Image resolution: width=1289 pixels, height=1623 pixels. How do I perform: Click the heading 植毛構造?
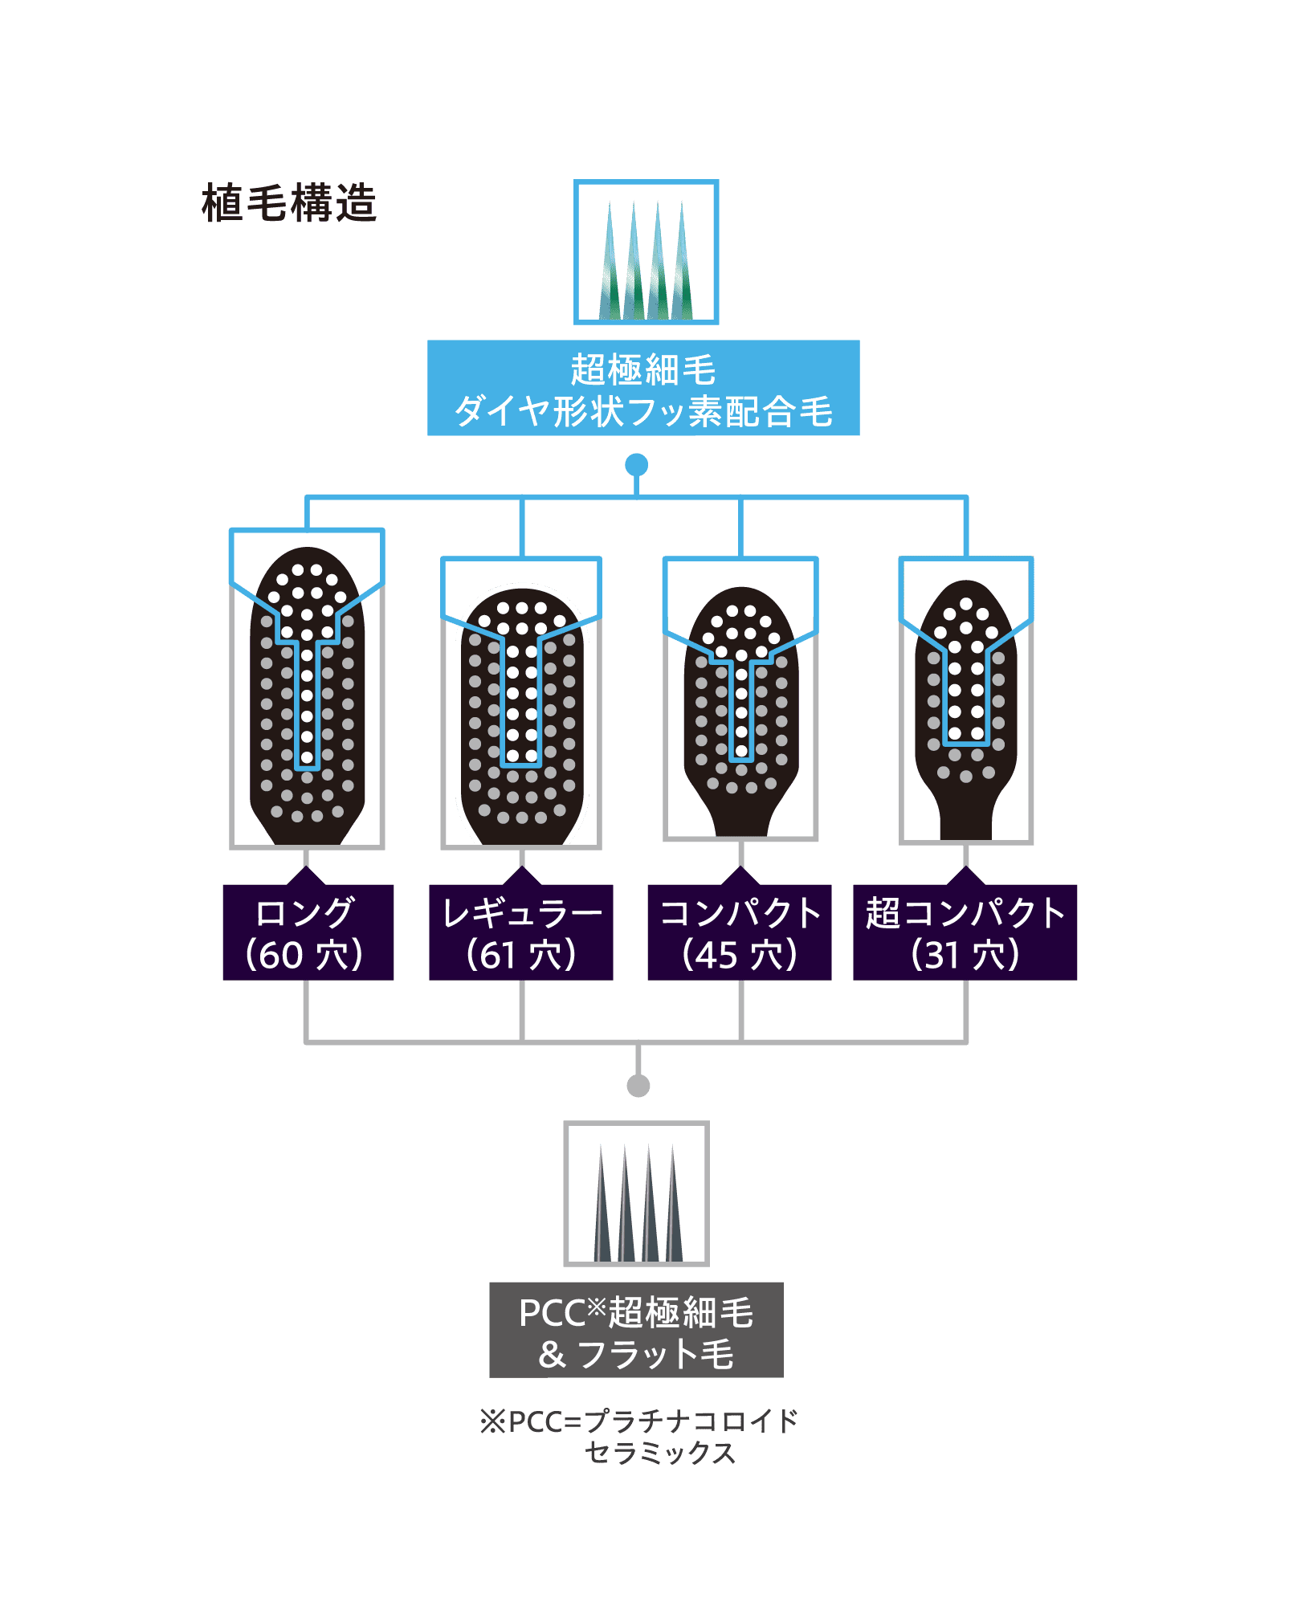[x=289, y=203]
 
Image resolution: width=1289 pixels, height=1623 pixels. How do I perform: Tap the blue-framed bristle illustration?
[x=646, y=252]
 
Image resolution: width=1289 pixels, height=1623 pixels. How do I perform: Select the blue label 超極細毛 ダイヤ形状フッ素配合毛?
[x=643, y=389]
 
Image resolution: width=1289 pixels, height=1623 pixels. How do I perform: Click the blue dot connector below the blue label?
[x=637, y=465]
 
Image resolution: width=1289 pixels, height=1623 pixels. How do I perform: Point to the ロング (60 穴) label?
[x=308, y=932]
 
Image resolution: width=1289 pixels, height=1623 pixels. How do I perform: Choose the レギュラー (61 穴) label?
[x=521, y=932]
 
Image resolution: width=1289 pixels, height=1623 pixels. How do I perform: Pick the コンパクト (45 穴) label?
[x=740, y=932]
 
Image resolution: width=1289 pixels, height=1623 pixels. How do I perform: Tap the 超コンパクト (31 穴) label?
[x=965, y=932]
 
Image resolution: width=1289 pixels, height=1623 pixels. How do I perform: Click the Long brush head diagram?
[x=308, y=695]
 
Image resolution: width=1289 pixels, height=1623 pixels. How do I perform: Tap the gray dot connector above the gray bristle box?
[x=638, y=1086]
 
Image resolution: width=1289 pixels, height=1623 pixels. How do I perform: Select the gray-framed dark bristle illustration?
[x=636, y=1193]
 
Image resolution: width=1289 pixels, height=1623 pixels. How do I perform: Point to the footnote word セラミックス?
[x=660, y=1453]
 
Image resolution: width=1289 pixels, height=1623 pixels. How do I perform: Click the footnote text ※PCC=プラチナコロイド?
[x=638, y=1421]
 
